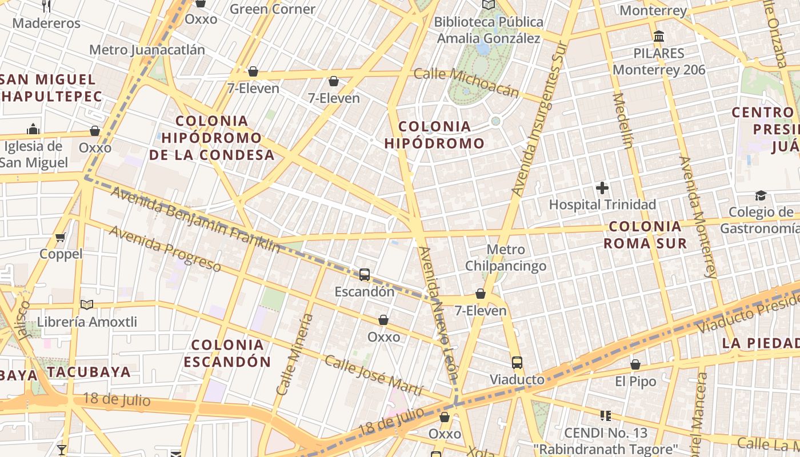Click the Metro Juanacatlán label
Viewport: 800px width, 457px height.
click(147, 50)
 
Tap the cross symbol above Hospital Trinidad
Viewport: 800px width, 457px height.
click(602, 187)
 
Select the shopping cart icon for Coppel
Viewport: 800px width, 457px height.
click(61, 237)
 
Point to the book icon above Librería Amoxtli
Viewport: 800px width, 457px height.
click(86, 305)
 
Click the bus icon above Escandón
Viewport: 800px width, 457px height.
click(365, 275)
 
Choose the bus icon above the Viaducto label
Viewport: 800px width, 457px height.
click(517, 363)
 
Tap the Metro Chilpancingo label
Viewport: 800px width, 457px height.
click(506, 258)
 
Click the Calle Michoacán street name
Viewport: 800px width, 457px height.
click(466, 83)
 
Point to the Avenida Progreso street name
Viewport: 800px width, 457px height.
click(165, 248)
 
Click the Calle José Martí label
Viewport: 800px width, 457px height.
click(373, 375)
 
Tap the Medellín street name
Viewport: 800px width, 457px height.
click(622, 121)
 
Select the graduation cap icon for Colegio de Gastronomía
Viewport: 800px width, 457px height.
click(760, 196)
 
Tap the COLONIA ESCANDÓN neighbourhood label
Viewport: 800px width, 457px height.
click(227, 353)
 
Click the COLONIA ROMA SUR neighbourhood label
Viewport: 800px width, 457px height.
click(646, 235)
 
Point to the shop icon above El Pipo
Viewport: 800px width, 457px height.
click(635, 364)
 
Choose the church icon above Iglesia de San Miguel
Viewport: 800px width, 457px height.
click(33, 129)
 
